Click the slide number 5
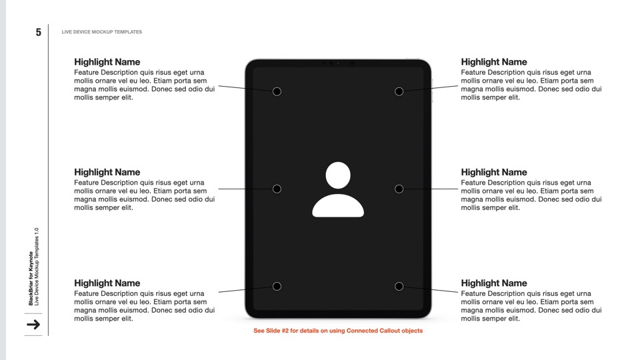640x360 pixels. pos(39,32)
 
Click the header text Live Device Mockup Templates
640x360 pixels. pos(101,32)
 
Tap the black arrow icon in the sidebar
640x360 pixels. pos(33,325)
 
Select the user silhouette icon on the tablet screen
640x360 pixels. pos(338,190)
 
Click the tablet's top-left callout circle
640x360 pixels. pos(277,91)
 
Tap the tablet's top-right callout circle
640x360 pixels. pos(399,91)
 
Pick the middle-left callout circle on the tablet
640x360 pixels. pos(277,189)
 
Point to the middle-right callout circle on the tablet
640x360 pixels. pos(399,189)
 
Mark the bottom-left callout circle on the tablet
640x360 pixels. pos(277,287)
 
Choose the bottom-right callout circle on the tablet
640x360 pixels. pos(399,287)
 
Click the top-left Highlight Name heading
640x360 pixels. pos(107,62)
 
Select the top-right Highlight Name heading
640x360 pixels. pos(493,62)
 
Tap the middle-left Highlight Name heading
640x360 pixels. pos(107,172)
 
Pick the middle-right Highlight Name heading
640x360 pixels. pos(493,172)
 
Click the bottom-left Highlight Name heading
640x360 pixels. pos(107,283)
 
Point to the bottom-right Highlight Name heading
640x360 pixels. pos(493,283)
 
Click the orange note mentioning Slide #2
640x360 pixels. pos(338,331)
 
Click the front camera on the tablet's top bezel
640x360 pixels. pos(338,63)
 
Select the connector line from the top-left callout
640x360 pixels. pos(245,88)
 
